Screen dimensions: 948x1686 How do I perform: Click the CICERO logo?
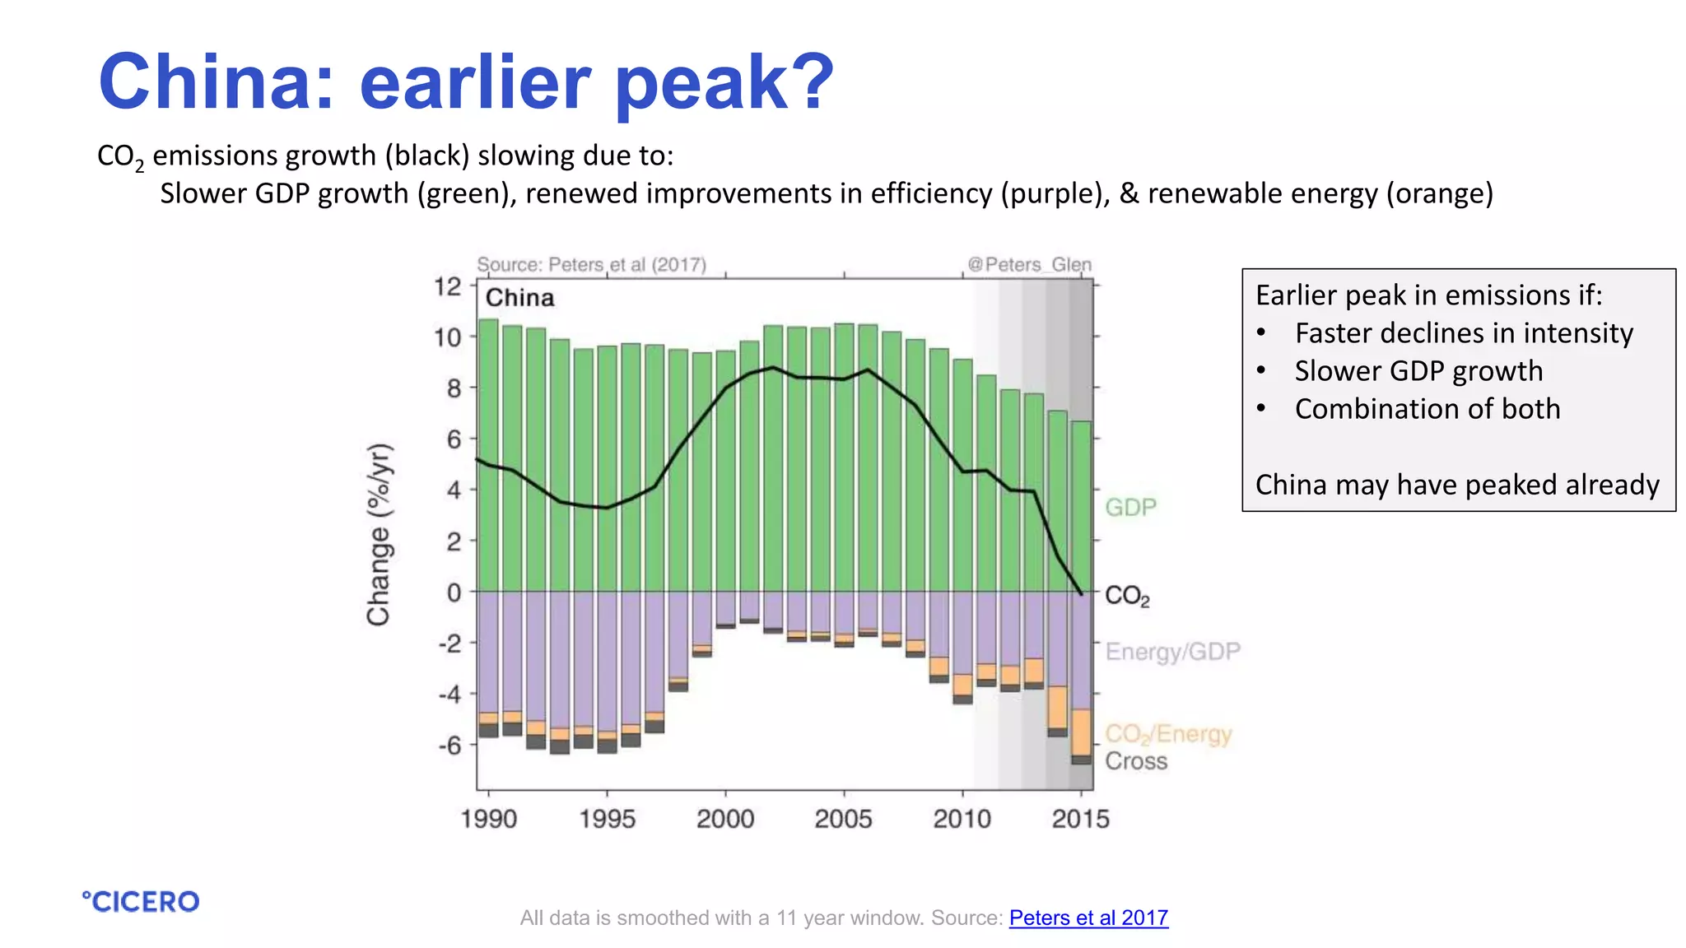pyautogui.click(x=141, y=902)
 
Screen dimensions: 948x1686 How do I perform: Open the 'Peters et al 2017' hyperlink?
pyautogui.click(x=1088, y=918)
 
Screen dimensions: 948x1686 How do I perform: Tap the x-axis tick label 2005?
pyautogui.click(x=843, y=819)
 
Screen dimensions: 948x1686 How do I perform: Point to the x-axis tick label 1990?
pyautogui.click(x=489, y=819)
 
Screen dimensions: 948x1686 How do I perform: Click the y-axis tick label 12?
pyautogui.click(x=449, y=286)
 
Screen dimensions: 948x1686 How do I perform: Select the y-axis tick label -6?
pyautogui.click(x=449, y=746)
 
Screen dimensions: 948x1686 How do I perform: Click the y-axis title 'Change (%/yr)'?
pyautogui.click(x=379, y=535)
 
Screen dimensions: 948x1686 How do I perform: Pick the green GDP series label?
pyautogui.click(x=1130, y=507)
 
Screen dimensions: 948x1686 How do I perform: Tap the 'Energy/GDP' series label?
pyautogui.click(x=1171, y=652)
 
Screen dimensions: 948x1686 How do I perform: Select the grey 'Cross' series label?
pyautogui.click(x=1135, y=761)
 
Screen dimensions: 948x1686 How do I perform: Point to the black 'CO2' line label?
pyautogui.click(x=1126, y=596)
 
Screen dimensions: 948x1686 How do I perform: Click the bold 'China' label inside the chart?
pyautogui.click(x=519, y=298)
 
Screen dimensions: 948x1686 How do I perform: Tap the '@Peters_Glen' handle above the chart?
pyautogui.click(x=1029, y=264)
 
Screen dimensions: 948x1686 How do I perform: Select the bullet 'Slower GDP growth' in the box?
pyautogui.click(x=1418, y=370)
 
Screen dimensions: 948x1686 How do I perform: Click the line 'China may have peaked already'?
pyautogui.click(x=1457, y=484)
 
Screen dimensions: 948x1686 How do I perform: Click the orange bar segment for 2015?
pyautogui.click(x=1081, y=732)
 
